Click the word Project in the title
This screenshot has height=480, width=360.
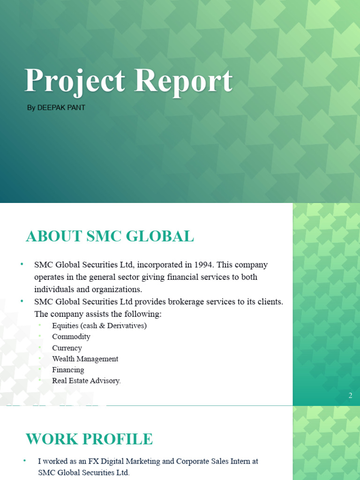75,81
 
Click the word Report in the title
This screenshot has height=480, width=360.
183,81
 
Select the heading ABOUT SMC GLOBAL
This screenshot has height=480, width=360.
110,236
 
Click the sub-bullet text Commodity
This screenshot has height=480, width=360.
71,337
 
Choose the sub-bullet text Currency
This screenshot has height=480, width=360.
67,348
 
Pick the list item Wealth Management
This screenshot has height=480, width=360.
85,359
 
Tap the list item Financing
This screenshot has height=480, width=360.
68,370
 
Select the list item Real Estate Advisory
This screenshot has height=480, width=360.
86,381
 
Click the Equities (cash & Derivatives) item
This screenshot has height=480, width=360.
99,325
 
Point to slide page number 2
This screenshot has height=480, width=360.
350,396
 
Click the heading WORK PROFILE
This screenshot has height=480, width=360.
89,439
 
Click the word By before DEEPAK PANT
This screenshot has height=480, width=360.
31,108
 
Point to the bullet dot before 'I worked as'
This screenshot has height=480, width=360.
24,461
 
